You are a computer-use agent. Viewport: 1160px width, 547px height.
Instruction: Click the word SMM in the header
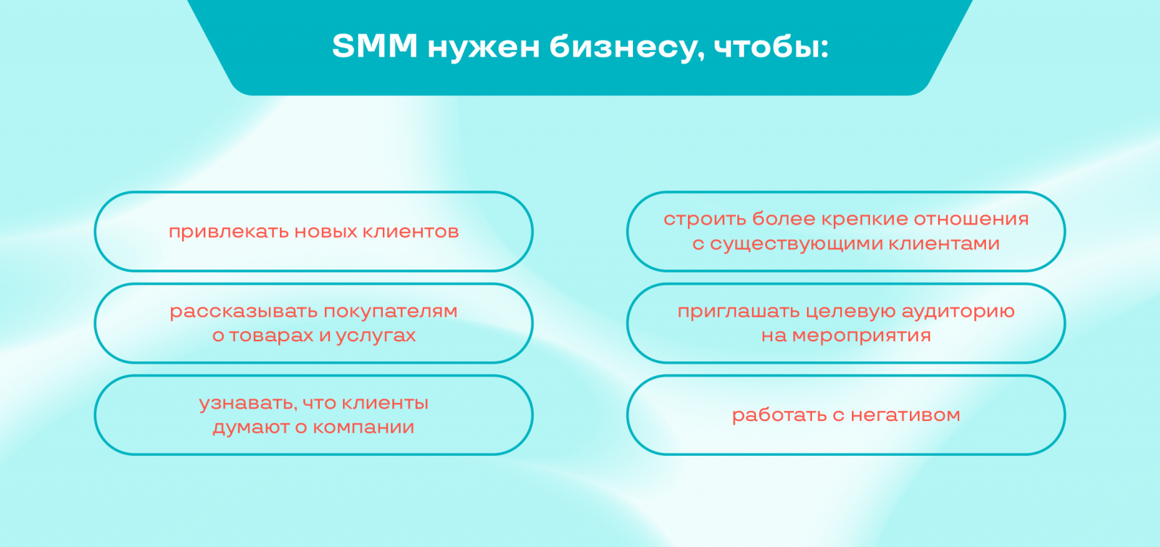pos(374,46)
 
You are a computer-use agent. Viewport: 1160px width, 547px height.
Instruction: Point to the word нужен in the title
pos(484,48)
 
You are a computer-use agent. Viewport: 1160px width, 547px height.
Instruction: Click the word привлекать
pos(228,232)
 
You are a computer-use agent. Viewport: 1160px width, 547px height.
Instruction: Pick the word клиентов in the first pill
pos(410,232)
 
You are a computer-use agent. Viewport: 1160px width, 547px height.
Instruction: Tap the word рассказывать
pos(244,312)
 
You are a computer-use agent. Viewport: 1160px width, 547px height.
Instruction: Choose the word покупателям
pos(391,312)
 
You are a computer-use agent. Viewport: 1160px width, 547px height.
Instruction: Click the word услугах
pos(376,336)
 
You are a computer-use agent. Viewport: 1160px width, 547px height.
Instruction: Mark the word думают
pos(251,428)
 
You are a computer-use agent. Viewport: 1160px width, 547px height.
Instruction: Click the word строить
pos(704,220)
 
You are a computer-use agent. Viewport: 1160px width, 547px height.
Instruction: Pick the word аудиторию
pos(958,312)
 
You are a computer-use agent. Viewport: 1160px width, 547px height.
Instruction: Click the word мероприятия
pos(861,336)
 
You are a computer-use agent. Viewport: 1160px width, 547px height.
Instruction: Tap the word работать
pos(779,415)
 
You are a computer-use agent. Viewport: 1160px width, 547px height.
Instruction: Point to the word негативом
pos(906,415)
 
